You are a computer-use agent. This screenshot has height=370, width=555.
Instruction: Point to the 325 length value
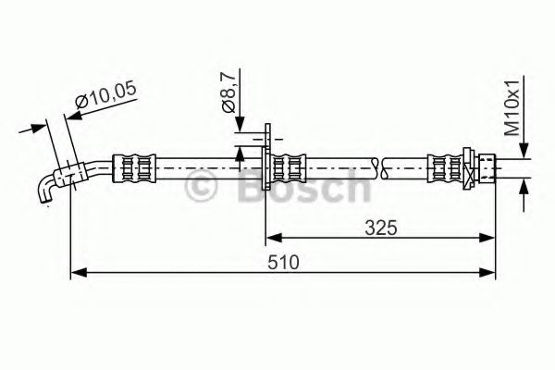coord(380,227)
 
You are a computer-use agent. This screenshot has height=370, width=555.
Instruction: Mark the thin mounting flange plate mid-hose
coord(266,166)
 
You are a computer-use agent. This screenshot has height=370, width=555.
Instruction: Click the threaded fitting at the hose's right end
coord(485,167)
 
